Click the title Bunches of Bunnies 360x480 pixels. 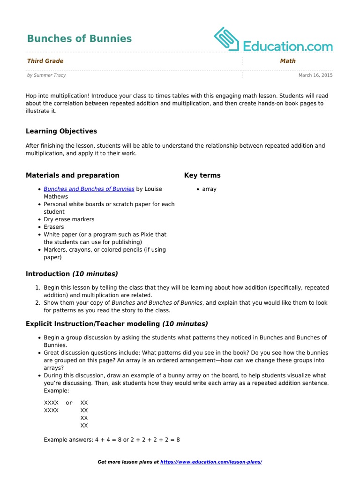pos(79,39)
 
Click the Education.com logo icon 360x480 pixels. pos(227,39)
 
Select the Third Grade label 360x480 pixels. pos(45,61)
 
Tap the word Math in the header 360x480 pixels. pos(287,61)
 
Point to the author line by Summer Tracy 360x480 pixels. pos(46,75)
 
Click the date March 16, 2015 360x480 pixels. pos(315,75)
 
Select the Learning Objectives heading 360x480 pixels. pos(61,131)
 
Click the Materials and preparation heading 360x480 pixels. pos(72,175)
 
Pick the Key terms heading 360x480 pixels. pos(202,175)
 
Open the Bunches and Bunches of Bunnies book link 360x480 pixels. pos(89,189)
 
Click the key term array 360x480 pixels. pos(209,189)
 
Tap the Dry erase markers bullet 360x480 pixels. pos(69,219)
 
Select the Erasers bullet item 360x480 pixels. pos(54,227)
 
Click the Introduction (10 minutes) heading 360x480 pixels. pos(72,274)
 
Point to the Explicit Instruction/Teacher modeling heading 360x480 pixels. pos(117,324)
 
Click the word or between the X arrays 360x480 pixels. pos(69,403)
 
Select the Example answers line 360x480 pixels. pos(112,440)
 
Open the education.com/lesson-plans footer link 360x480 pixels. pos(211,462)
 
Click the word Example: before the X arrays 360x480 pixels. pos(56,390)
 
